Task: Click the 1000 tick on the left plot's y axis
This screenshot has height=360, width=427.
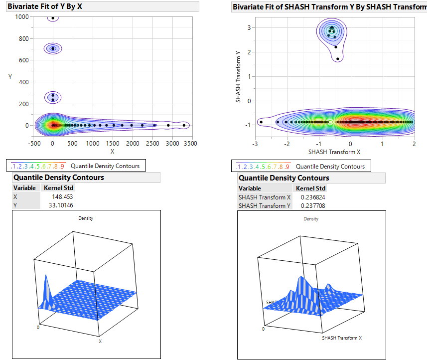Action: pos(21,17)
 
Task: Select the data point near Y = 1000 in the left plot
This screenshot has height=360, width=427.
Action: pos(53,18)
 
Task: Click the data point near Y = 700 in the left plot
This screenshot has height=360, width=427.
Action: pos(53,48)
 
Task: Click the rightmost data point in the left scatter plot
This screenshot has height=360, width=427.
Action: pos(184,125)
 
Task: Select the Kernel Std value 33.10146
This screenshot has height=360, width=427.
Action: pos(61,205)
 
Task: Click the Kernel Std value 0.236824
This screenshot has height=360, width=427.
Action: pos(313,197)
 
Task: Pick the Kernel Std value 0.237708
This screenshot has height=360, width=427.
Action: pos(313,205)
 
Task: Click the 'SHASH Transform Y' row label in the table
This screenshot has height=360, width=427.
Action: pos(265,205)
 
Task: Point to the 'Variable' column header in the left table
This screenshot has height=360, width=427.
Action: pos(24,188)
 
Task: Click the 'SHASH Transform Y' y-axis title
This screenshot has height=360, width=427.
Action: pos(239,75)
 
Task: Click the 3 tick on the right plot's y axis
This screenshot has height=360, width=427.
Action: pos(249,27)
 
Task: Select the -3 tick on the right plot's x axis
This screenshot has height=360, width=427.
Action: pos(255,143)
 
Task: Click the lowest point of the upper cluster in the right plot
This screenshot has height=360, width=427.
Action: pos(338,59)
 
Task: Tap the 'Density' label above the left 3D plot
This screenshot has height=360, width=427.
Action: pos(86,218)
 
